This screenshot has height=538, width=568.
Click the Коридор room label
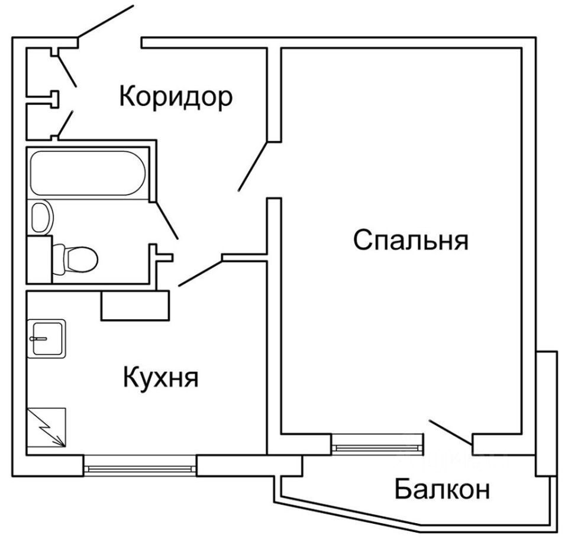pos(176,96)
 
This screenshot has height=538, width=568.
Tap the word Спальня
pos(411,241)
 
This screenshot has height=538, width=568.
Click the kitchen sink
pos(47,338)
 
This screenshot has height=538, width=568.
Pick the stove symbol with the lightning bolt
pos(47,427)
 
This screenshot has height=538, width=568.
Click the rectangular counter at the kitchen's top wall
pos(135,305)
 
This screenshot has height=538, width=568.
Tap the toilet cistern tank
pos(40,258)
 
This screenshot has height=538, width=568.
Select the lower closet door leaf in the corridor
pos(65,123)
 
